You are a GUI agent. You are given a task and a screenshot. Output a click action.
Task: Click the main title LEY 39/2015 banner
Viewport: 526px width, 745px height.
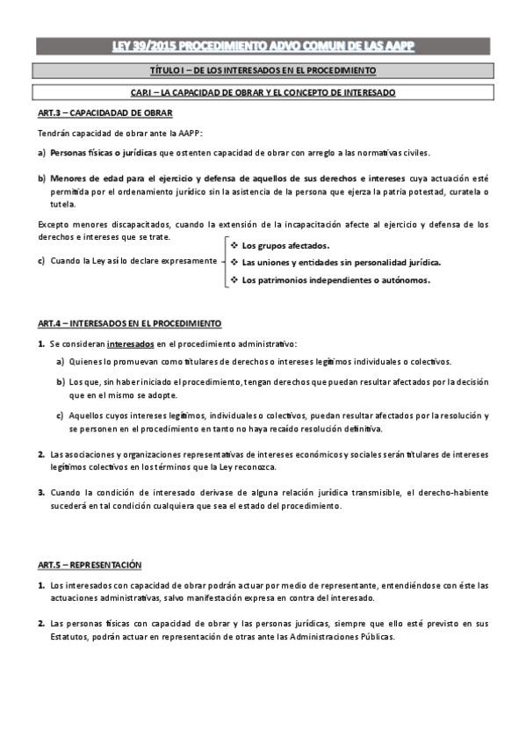[263, 46]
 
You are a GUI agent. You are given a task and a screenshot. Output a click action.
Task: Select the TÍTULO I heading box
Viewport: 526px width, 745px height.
[263, 69]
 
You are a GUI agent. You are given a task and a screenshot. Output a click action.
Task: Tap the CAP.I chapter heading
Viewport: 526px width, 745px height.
[263, 91]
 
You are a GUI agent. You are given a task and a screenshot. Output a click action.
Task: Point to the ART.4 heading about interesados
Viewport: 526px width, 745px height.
[129, 322]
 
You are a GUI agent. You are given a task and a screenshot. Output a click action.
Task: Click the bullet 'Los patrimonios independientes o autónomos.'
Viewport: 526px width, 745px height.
[335, 280]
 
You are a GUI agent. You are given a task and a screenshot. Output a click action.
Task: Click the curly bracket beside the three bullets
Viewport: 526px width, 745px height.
[224, 262]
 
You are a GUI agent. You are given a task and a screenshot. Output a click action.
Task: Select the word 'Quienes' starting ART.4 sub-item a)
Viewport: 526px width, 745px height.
[85, 362]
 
